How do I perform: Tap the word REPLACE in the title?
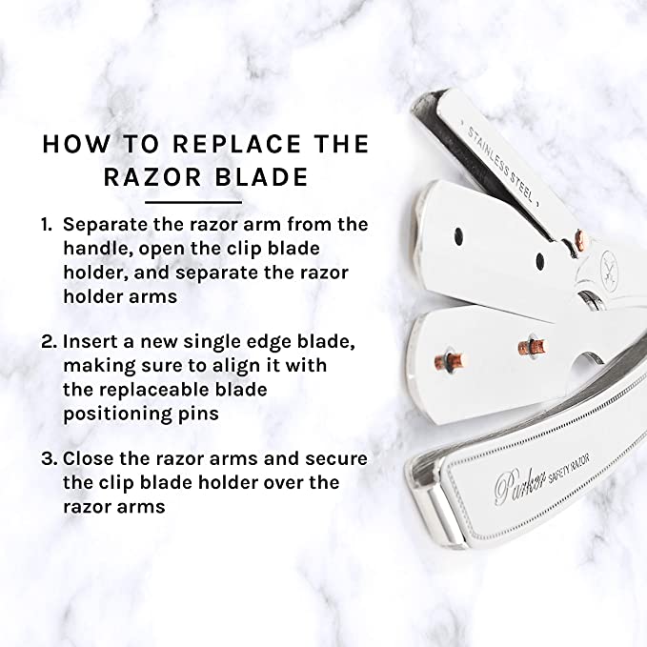[x=236, y=145]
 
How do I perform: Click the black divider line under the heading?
[x=193, y=203]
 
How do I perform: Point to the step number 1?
[x=46, y=225]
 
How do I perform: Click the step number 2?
[x=50, y=342]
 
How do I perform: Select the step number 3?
[x=50, y=459]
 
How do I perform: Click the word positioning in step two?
[x=117, y=414]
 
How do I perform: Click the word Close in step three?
[x=89, y=458]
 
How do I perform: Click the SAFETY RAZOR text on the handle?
[x=570, y=468]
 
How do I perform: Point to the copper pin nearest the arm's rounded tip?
[x=449, y=360]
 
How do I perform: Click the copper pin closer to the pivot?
[x=532, y=346]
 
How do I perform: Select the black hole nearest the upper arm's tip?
[x=458, y=236]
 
